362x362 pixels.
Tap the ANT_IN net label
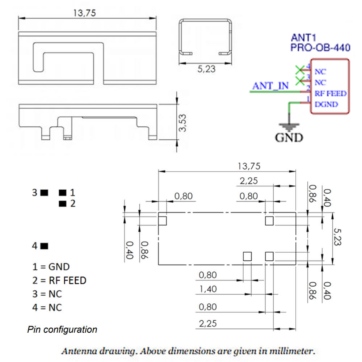[x=270, y=86]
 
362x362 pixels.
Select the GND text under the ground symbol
[x=289, y=138]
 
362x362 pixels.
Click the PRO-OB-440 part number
[x=320, y=48]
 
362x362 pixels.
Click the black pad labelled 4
[x=45, y=246]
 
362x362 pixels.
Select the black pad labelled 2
[x=63, y=203]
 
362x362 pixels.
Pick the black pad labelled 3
[x=45, y=193]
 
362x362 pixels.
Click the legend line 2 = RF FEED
[x=59, y=280]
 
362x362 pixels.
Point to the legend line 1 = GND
[x=51, y=267]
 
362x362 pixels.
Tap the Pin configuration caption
[x=62, y=330]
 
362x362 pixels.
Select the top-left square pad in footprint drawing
[x=162, y=220]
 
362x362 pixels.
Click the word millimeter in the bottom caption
[x=297, y=351]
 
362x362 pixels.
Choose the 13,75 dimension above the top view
[x=84, y=13]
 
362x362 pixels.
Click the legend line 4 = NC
[x=47, y=308]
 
